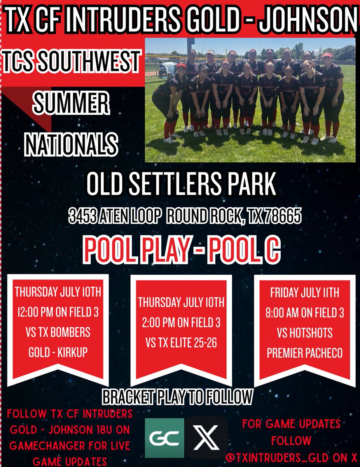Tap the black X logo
pyautogui.click(x=206, y=437)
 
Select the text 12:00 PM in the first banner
pyautogui.click(x=35, y=312)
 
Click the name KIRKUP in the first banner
pyautogui.click(x=74, y=352)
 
